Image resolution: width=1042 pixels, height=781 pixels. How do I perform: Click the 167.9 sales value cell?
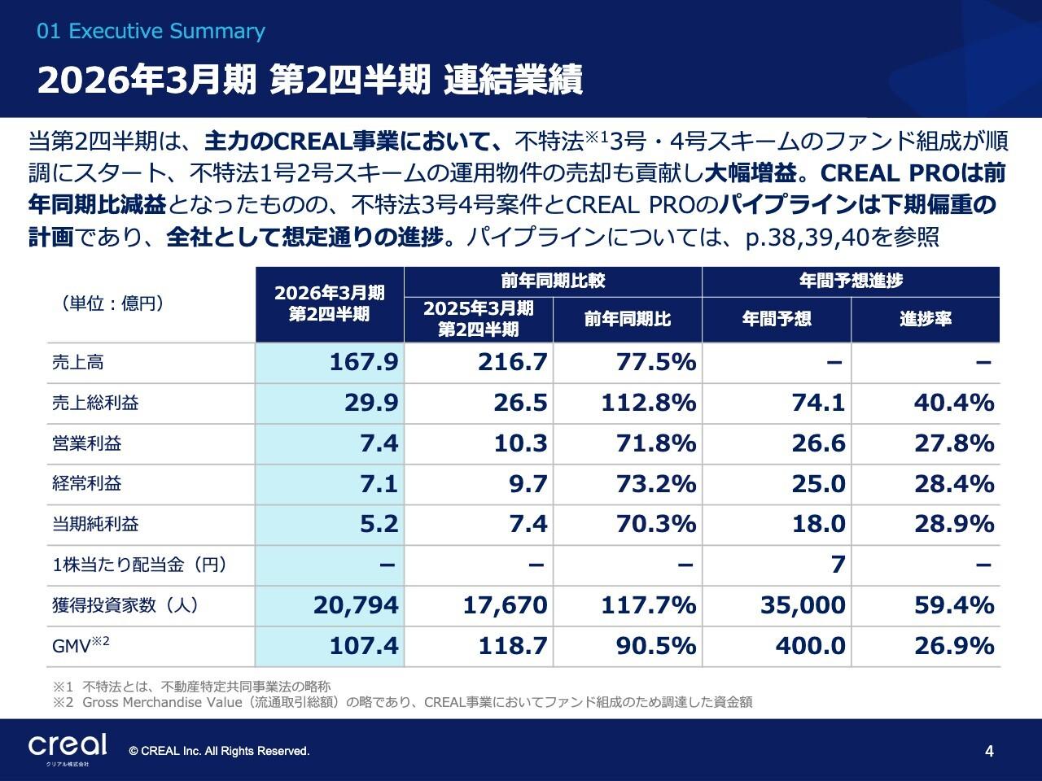[364, 362]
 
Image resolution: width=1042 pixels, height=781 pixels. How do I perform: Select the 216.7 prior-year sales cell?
[513, 362]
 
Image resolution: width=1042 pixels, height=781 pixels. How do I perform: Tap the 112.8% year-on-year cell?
[649, 403]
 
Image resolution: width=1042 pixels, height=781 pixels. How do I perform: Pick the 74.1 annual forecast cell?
[818, 403]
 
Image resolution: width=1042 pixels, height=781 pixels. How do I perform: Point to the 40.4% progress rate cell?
[954, 403]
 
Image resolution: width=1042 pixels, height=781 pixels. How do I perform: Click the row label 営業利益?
[87, 443]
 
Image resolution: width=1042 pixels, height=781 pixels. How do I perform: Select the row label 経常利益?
[87, 483]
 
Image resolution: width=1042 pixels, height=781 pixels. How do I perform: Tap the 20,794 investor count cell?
[356, 605]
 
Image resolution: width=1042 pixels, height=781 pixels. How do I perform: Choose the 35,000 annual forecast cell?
[803, 605]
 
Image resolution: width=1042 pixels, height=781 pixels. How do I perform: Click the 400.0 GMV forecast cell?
[810, 646]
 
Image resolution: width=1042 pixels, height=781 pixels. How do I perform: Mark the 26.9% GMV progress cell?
[954, 646]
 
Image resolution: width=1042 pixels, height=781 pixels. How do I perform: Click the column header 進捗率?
[926, 319]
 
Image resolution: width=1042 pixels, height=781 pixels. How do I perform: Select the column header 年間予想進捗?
[851, 281]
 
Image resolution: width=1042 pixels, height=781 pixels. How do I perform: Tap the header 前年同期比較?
[553, 281]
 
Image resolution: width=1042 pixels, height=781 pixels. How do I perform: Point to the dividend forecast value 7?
[838, 565]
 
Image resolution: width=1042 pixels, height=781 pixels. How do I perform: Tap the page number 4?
[989, 752]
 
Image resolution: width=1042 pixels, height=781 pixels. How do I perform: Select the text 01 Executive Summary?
[151, 32]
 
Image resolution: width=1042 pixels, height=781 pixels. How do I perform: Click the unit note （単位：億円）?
[113, 303]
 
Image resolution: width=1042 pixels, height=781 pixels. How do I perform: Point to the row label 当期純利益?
[95, 524]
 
